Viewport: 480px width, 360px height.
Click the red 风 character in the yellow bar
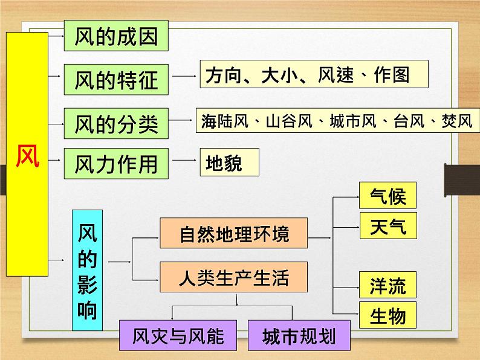tap(28, 156)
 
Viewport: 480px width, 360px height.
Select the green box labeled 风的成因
tap(116, 36)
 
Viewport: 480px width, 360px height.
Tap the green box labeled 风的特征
tap(116, 80)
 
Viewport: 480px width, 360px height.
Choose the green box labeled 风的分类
tap(116, 123)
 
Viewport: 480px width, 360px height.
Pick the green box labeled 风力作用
tap(116, 164)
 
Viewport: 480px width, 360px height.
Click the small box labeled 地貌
tap(230, 162)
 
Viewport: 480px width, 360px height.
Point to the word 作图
tap(392, 75)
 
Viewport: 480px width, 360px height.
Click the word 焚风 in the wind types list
tap(457, 121)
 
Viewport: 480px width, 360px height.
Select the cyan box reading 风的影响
tap(87, 270)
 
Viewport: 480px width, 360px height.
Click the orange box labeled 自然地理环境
tap(233, 233)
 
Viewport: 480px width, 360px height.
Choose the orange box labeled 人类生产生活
tap(233, 277)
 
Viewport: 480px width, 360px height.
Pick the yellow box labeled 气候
tap(388, 196)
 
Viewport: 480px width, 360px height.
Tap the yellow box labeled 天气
tap(388, 226)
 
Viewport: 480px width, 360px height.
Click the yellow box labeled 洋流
tap(388, 284)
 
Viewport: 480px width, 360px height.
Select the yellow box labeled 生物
tap(388, 315)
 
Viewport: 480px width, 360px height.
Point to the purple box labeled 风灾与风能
tap(178, 335)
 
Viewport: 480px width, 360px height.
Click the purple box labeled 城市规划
tap(299, 335)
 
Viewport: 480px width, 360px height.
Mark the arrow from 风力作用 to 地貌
tap(184, 160)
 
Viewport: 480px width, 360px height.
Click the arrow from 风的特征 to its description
tap(184, 76)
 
